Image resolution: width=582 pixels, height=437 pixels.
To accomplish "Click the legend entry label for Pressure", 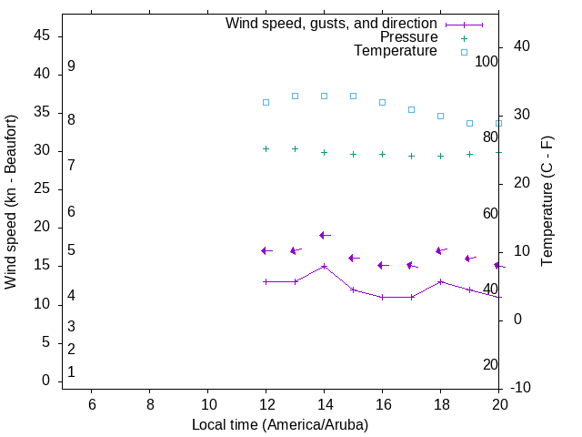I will (408, 37).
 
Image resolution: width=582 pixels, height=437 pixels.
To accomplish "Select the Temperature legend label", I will (396, 51).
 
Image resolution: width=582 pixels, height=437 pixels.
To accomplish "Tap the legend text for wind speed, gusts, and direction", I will (331, 24).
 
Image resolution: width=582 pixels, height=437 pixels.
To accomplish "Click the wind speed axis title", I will (11, 202).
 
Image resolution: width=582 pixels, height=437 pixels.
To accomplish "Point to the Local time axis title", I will (280, 424).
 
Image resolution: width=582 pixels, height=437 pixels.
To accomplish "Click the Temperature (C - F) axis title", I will (547, 202).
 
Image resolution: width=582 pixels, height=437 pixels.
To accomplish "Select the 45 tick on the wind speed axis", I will (42, 36).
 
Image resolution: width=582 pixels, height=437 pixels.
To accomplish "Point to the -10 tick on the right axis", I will (521, 388).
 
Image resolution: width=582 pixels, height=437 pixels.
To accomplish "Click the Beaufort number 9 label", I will (71, 66).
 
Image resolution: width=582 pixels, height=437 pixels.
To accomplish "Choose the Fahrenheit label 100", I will (487, 62).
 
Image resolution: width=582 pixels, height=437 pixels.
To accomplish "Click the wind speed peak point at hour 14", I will (324, 266).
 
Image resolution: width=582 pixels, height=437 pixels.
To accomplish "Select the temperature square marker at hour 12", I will (266, 102).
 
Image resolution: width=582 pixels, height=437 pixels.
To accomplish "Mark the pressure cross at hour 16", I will (382, 154).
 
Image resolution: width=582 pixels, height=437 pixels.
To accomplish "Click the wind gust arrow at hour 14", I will (324, 235).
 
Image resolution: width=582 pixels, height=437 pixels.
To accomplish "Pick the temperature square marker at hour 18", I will (440, 116).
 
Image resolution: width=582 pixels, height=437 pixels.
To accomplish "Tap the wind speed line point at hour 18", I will (440, 281).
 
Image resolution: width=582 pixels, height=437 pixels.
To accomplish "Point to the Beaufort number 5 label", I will (71, 250).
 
